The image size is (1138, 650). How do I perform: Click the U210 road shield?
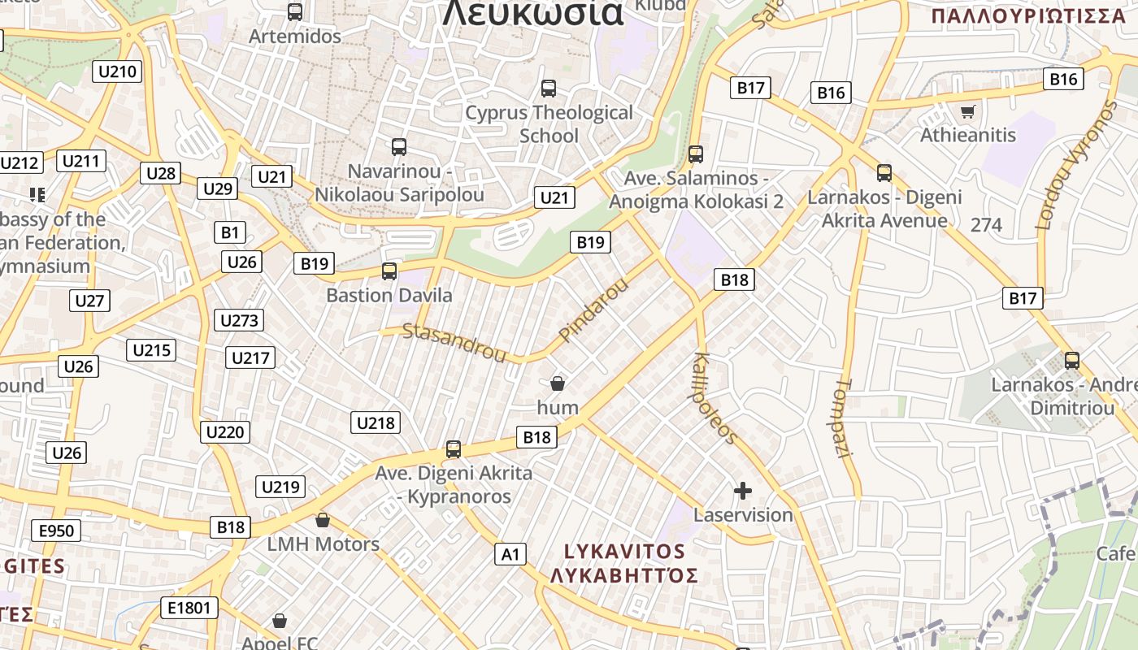tap(117, 71)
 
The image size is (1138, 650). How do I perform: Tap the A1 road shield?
tap(510, 554)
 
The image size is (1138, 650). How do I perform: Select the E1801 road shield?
tap(189, 607)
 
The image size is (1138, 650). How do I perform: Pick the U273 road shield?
tap(239, 320)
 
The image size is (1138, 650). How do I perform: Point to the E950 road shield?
tap(56, 531)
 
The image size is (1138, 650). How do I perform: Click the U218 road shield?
tap(376, 422)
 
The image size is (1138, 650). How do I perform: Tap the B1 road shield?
tap(230, 233)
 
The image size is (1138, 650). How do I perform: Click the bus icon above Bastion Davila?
tap(389, 271)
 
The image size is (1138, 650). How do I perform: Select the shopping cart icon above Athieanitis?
tap(967, 112)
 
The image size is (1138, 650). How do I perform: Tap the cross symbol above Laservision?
tap(742, 491)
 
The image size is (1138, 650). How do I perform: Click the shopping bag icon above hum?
tap(558, 383)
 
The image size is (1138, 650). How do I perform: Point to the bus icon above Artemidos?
tap(295, 12)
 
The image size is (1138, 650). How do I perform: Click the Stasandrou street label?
tap(454, 342)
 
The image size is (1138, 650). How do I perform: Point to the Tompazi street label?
tap(842, 418)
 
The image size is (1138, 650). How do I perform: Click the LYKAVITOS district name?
tap(624, 552)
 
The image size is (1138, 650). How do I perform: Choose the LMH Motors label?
tap(324, 544)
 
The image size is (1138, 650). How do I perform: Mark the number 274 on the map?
tap(986, 225)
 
